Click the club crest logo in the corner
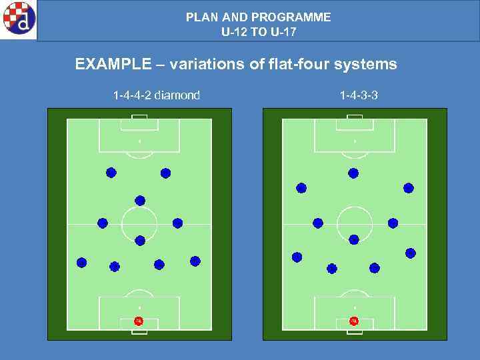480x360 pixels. pos(18,19)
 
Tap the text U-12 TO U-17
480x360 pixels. pos(259,31)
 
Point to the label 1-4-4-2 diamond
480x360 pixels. pos(157,95)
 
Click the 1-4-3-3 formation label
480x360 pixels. pos(359,95)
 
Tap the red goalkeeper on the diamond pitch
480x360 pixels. pos(139,321)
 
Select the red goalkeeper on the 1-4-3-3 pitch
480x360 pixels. pos(354,321)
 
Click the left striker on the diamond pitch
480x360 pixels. pos(111,173)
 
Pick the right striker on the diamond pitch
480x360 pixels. pos(165,173)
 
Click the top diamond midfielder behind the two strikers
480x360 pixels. pos(140,200)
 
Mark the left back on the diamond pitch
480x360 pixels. pos(81,263)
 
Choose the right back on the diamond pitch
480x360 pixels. pos(195,261)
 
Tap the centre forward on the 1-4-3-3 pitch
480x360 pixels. pos(353,173)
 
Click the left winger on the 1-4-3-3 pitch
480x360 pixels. pos(301,188)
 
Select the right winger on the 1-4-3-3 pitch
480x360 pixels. pos(409,188)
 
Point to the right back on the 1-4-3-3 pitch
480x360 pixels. pos(410,253)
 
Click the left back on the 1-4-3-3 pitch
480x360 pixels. pos(297,257)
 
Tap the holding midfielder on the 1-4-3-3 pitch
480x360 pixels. pos(354,239)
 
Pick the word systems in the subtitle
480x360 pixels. pos(367,65)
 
